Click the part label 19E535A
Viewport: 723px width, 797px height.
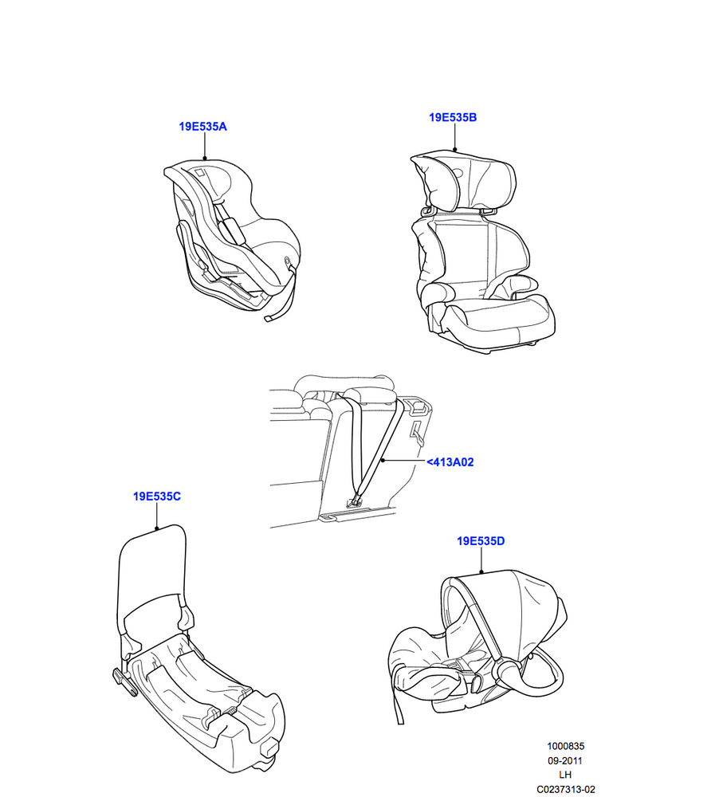click(202, 127)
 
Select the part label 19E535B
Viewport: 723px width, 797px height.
click(453, 117)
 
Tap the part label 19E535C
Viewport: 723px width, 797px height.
click(157, 497)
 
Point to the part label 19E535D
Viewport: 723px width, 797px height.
click(481, 541)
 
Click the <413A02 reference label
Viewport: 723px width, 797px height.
click(450, 462)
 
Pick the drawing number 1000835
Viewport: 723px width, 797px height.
click(566, 746)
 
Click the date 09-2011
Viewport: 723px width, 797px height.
click(565, 761)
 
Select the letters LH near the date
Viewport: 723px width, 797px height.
click(565, 775)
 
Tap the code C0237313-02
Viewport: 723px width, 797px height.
click(566, 789)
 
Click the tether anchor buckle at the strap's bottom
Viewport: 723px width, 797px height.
click(355, 502)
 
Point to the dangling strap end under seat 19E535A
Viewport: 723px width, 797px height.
click(281, 305)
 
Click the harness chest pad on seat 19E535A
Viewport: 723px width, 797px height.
click(233, 230)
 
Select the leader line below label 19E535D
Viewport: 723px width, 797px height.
click(481, 560)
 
